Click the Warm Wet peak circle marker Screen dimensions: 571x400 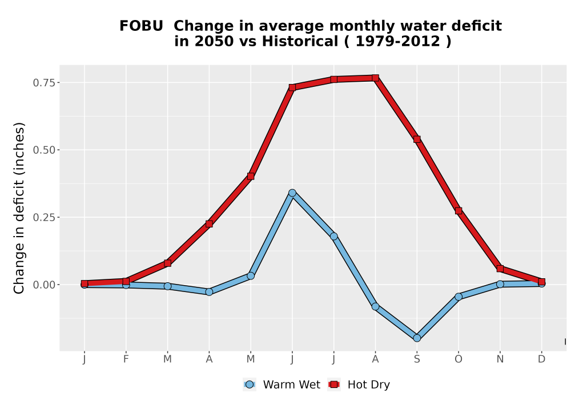pos(292,193)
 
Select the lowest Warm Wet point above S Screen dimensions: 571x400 pos(417,338)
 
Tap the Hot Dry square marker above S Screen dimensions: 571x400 pos(417,139)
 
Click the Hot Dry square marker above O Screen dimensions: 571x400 pos(459,210)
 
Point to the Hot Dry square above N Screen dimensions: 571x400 pos(500,269)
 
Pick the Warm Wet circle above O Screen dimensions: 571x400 pos(459,297)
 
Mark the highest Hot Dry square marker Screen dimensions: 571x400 pos(376,78)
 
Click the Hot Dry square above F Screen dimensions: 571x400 pos(126,281)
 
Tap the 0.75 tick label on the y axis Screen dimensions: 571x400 pos(44,83)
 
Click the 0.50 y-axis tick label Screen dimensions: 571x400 pos(44,150)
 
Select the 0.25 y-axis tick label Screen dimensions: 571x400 pos(44,218)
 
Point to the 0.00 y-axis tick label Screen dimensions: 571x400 pos(44,285)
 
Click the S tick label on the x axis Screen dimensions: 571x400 pos(417,359)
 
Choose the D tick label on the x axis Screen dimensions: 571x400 pos(541,359)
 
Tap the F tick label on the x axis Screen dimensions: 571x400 pos(126,359)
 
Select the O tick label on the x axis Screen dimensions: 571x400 pos(459,359)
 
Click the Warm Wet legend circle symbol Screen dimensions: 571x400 pos(250,385)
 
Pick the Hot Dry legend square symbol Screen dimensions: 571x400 pos(334,385)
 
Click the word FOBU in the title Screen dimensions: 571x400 pos(141,26)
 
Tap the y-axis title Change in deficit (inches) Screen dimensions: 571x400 pos(19,208)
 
